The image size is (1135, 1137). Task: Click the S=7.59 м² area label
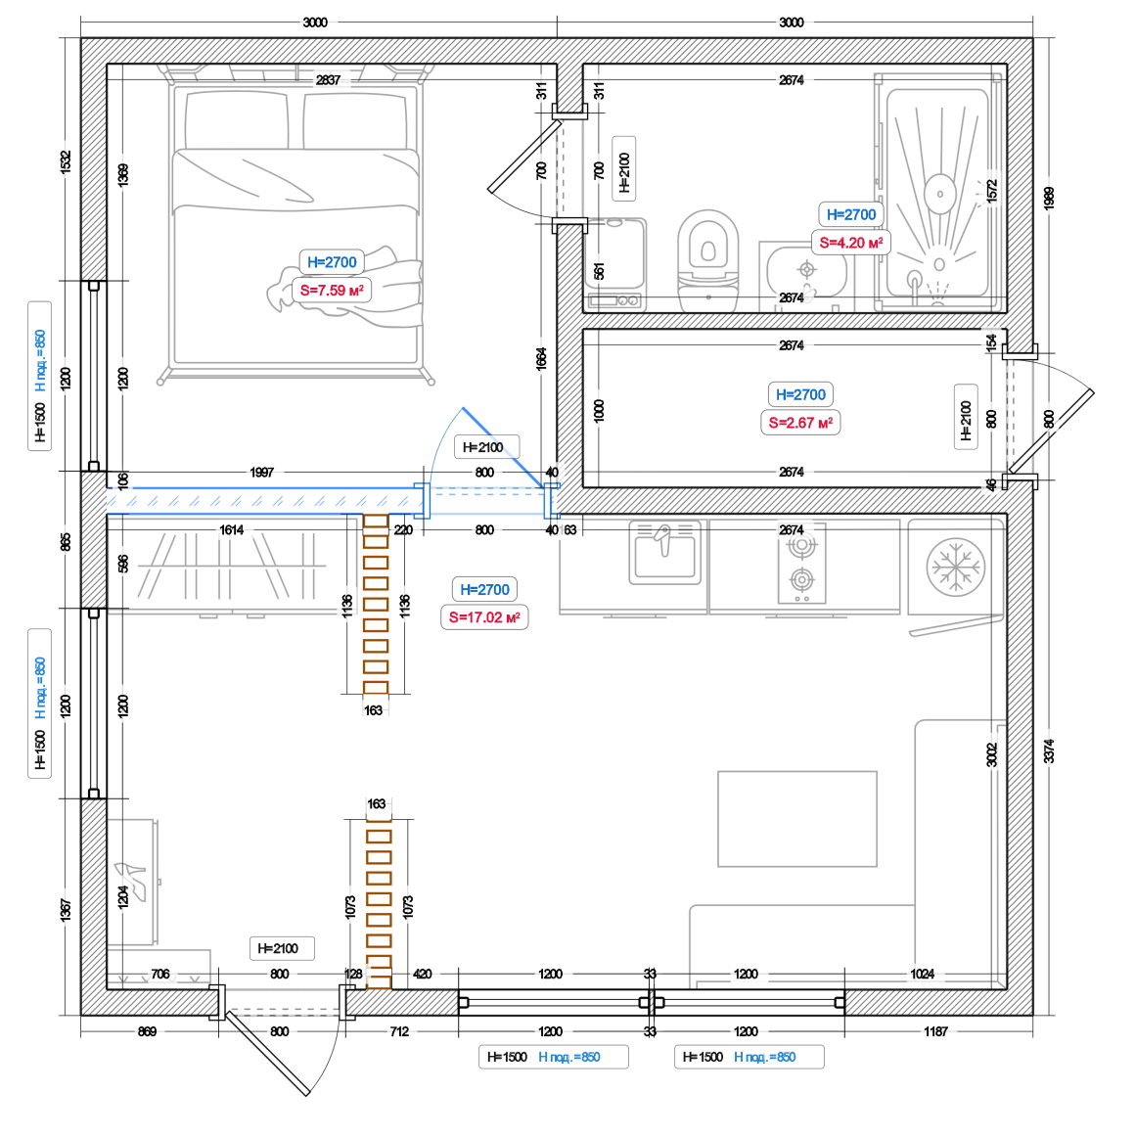[x=332, y=291]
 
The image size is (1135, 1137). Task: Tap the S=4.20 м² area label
[x=850, y=243]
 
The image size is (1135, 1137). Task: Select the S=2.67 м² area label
[x=800, y=423]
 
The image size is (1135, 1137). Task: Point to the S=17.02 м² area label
[x=484, y=617]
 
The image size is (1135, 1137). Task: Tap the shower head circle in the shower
[x=940, y=194]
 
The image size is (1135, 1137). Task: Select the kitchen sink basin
[x=665, y=553]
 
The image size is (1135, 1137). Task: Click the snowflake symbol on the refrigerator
[x=956, y=568]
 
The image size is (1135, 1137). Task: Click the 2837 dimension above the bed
[x=328, y=80]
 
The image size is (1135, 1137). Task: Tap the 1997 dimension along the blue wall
[x=262, y=473]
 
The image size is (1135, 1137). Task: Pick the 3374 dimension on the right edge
[x=1049, y=750]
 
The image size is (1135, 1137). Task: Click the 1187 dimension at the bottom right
[x=935, y=1031]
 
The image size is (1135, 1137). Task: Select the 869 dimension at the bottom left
[x=147, y=1031]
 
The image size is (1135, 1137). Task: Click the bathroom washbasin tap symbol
[x=806, y=270]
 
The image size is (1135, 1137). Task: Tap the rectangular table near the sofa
[x=797, y=819]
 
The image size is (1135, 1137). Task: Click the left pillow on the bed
[x=237, y=120]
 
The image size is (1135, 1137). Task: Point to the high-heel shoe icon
[x=131, y=881]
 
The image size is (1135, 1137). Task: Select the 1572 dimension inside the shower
[x=992, y=191]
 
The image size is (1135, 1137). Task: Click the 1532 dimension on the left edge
[x=66, y=161]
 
